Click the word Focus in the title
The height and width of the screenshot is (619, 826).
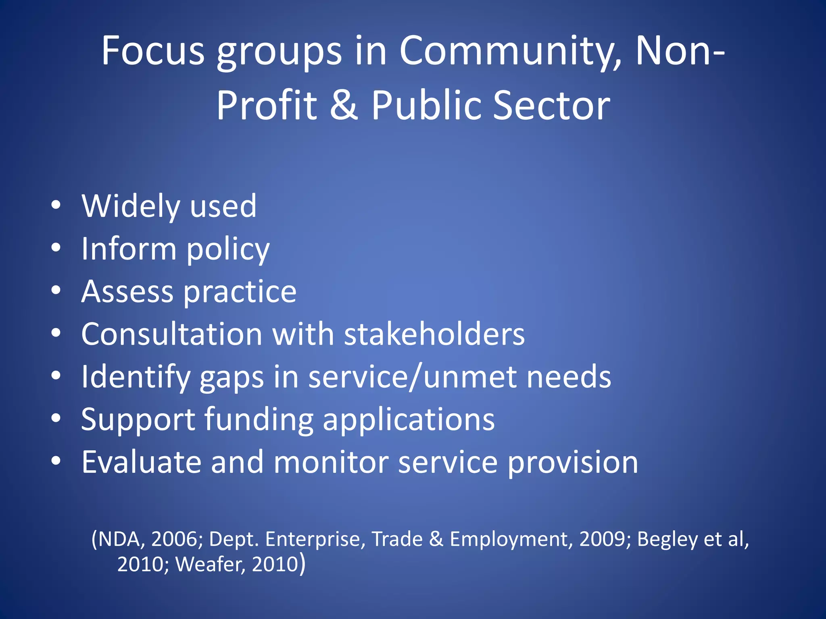[x=153, y=51]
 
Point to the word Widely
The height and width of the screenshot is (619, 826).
[x=131, y=206]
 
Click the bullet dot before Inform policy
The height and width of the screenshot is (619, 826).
[x=56, y=247]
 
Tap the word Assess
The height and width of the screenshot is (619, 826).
[x=127, y=291]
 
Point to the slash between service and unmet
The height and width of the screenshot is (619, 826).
[x=416, y=377]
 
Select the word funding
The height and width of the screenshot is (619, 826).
[x=259, y=420]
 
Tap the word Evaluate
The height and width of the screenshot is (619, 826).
[x=141, y=462]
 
